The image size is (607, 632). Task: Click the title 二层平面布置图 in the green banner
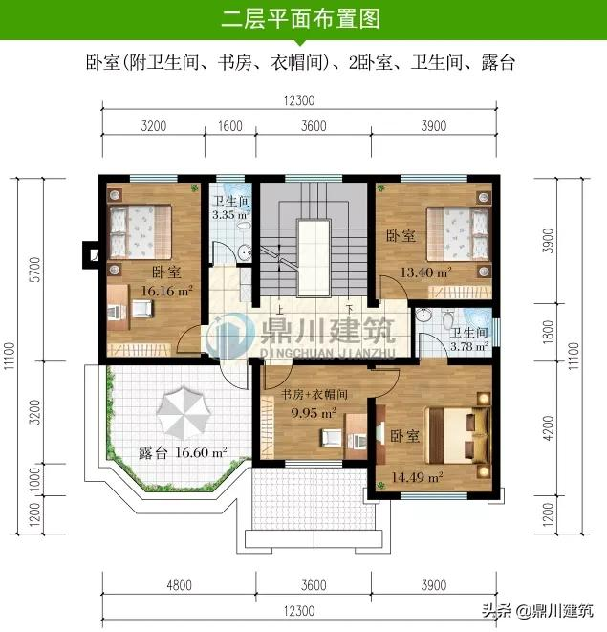(x=301, y=19)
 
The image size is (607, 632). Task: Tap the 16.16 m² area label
(x=166, y=291)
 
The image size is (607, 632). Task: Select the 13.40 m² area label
(x=425, y=272)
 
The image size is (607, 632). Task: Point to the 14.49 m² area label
(x=417, y=478)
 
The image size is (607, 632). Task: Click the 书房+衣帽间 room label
(x=314, y=394)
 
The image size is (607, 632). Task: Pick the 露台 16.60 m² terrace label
(x=183, y=452)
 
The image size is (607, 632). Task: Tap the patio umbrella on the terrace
(x=184, y=413)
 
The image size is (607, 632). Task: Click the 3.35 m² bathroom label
(x=231, y=215)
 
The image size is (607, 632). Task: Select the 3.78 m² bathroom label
(x=469, y=346)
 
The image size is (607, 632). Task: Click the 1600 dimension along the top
(x=230, y=126)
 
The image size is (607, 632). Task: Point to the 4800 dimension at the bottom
(x=179, y=585)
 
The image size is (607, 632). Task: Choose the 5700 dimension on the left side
(x=35, y=270)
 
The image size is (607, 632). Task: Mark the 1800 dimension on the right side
(x=548, y=332)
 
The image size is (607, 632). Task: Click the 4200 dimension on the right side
(x=548, y=428)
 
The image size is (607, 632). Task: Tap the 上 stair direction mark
(x=279, y=310)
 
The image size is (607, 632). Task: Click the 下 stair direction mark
(x=350, y=309)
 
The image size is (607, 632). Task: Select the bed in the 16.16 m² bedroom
(x=141, y=231)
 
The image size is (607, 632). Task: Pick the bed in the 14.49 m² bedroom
(x=459, y=436)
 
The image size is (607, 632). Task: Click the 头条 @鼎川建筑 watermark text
(x=538, y=610)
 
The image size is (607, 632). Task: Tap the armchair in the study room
(x=332, y=438)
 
